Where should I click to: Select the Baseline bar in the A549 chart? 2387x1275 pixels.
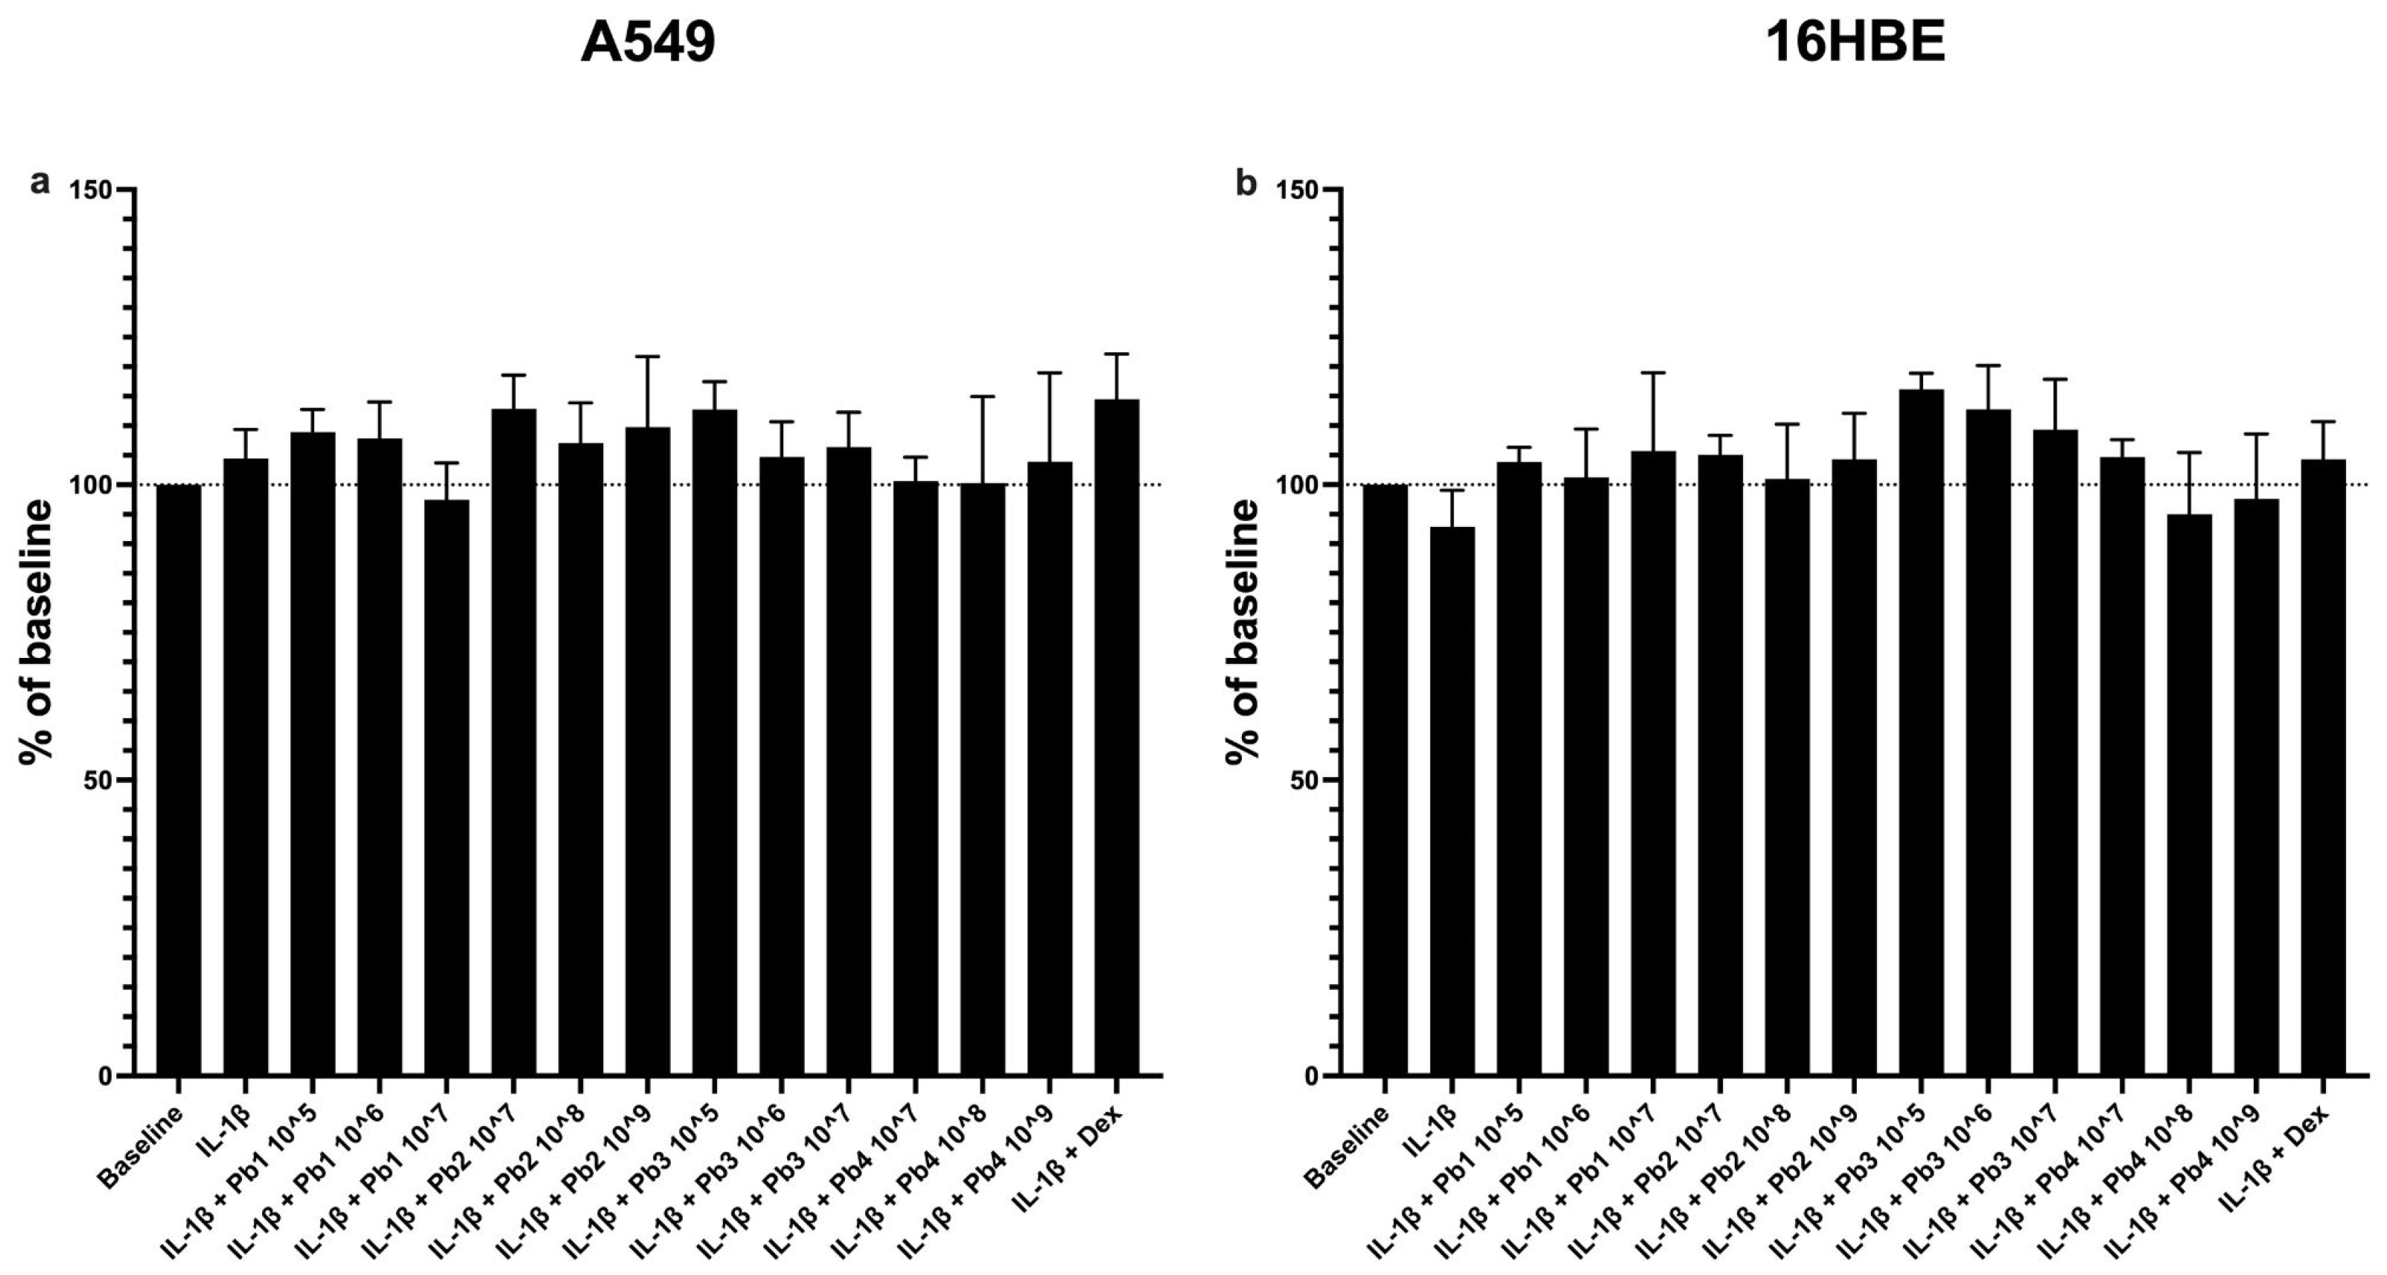(x=179, y=779)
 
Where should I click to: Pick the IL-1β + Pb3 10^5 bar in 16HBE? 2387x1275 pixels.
(x=1921, y=732)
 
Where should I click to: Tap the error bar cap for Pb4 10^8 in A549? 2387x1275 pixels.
(x=982, y=397)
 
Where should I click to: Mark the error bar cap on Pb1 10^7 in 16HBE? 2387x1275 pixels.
(x=1653, y=372)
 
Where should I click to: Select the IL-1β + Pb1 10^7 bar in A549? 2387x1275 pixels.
(x=447, y=787)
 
